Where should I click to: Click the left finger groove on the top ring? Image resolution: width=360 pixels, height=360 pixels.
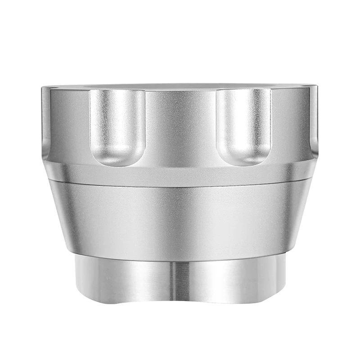point(117,124)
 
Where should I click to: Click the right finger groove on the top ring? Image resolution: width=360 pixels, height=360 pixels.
point(244,124)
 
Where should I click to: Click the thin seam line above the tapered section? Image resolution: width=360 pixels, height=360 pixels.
point(180,184)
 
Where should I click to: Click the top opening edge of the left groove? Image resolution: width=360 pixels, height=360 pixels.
point(117,90)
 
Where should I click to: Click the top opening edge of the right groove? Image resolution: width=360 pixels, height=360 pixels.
point(244,90)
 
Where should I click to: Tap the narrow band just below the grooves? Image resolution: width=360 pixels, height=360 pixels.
point(180,173)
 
